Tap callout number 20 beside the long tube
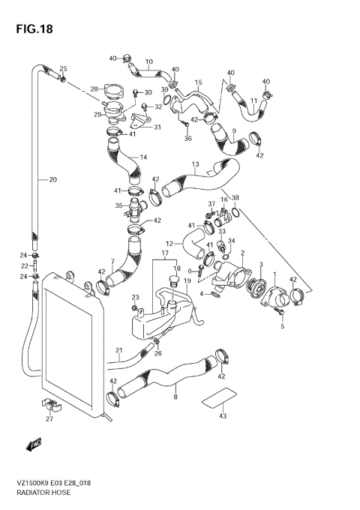click(x=52, y=179)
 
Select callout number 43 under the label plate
click(x=222, y=416)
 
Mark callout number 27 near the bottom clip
click(x=49, y=419)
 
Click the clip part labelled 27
click(x=49, y=406)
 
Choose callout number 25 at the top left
click(x=63, y=68)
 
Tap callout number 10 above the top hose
click(x=148, y=61)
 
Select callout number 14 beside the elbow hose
click(x=142, y=157)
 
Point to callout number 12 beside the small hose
click(x=169, y=243)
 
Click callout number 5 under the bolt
click(x=283, y=325)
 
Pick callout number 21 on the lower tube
click(x=118, y=351)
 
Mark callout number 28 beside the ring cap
click(x=94, y=88)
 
